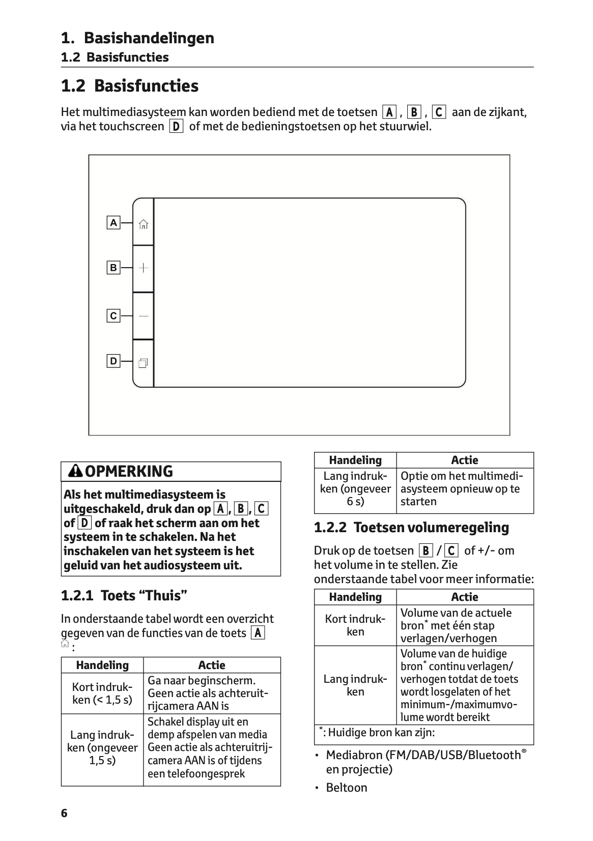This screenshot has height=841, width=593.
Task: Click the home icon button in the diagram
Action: (144, 224)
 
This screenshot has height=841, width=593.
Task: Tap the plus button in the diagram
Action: (144, 268)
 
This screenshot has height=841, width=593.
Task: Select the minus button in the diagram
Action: (144, 316)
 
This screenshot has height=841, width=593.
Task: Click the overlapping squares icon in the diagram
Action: (143, 363)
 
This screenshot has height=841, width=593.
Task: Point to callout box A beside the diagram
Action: (114, 223)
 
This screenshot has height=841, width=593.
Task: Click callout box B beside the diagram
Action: (114, 268)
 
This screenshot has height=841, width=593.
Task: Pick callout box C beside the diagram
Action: (114, 316)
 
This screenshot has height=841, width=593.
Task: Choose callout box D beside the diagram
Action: (114, 361)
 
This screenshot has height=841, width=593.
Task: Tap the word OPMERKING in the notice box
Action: (129, 471)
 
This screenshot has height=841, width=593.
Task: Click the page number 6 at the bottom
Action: (64, 813)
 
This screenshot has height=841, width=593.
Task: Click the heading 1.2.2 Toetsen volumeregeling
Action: (411, 528)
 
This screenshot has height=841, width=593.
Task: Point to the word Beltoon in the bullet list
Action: (347, 788)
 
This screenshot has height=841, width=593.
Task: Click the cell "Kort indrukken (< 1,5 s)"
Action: (102, 693)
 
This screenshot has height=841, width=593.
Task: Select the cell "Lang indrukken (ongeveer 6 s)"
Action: (355, 489)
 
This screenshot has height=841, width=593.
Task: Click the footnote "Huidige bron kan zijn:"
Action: (379, 733)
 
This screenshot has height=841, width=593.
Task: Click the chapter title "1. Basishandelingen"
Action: (137, 38)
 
